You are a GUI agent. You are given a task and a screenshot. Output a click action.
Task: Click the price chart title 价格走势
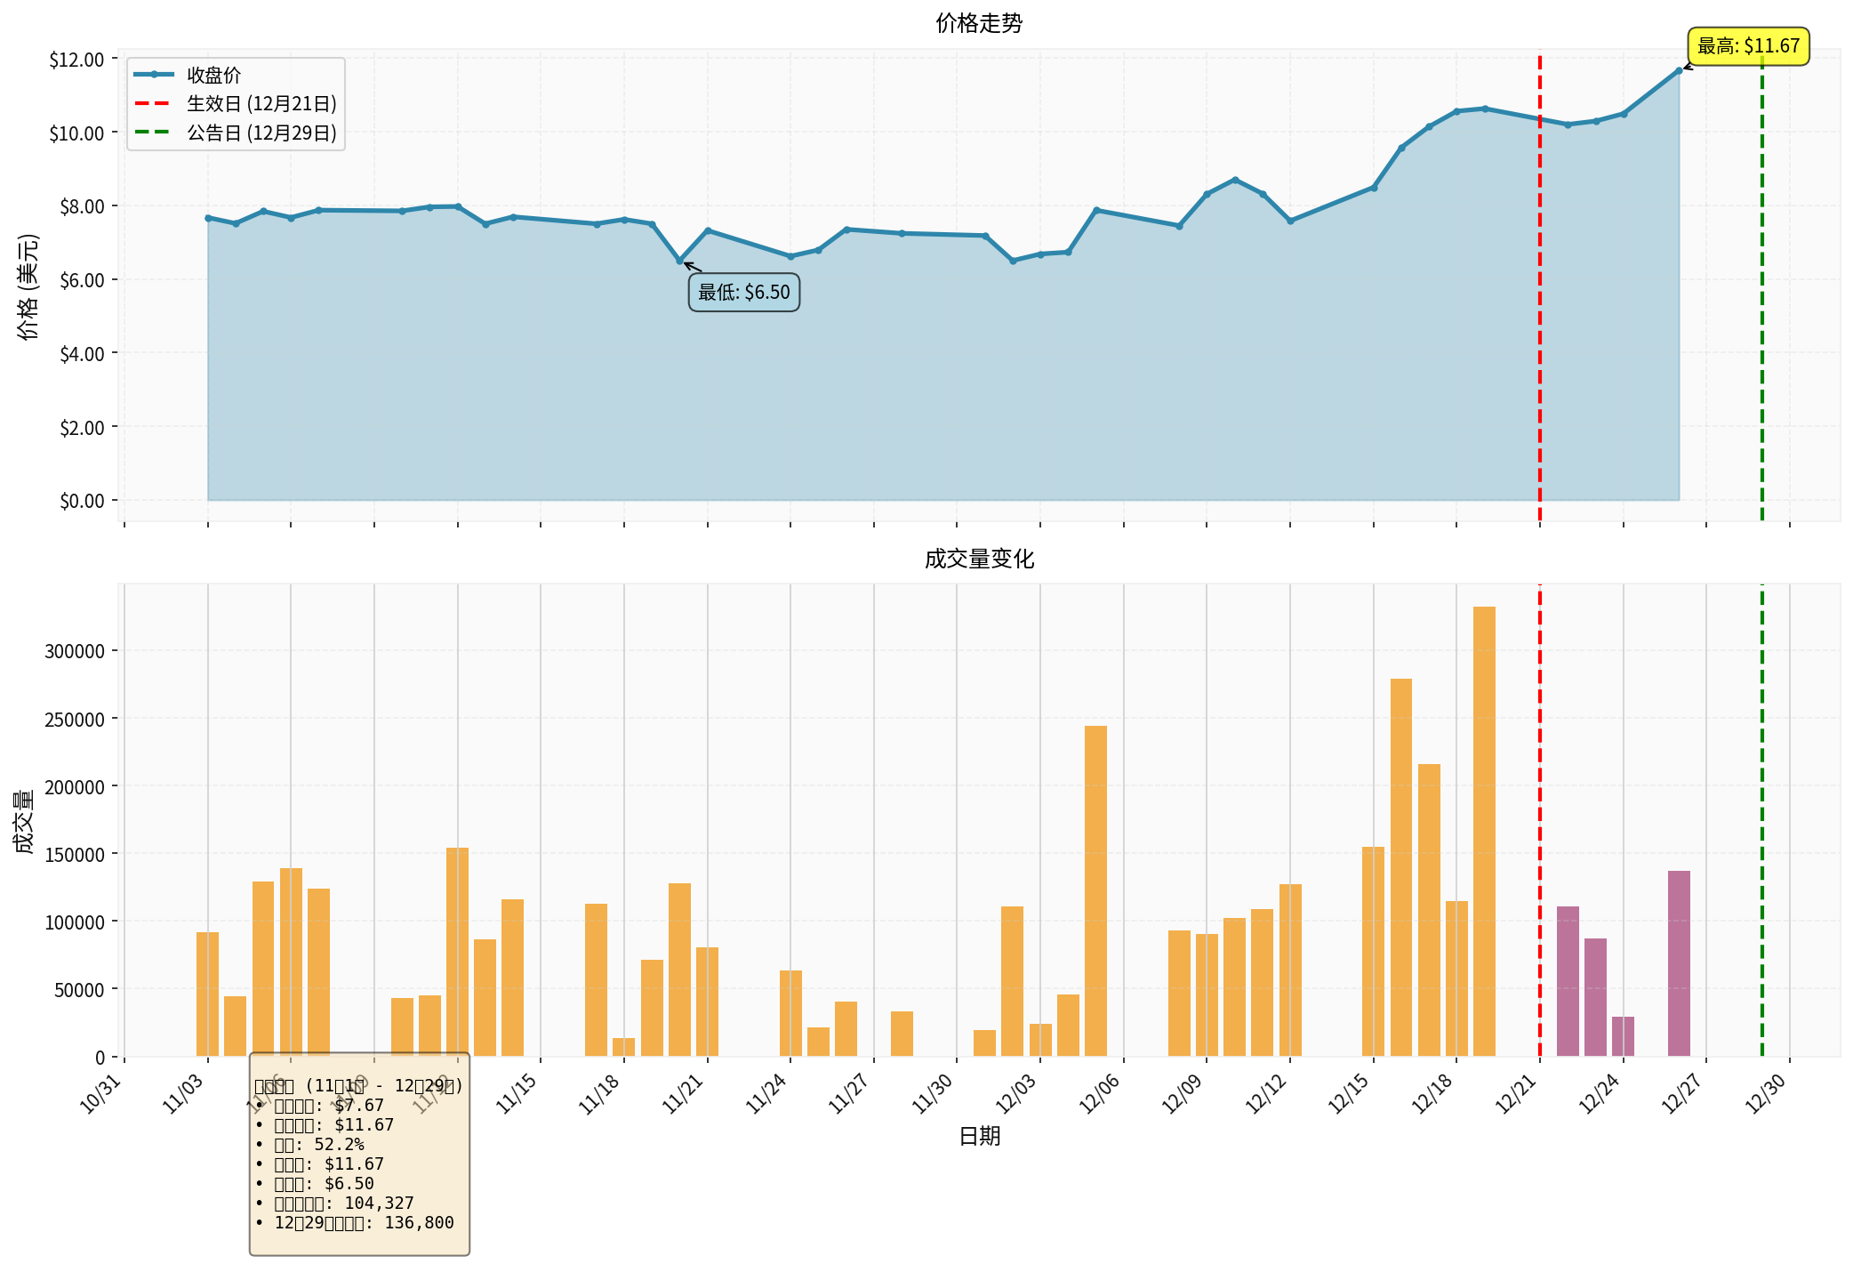pyautogui.click(x=979, y=24)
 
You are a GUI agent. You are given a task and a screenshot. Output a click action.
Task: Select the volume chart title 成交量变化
pyautogui.click(x=979, y=559)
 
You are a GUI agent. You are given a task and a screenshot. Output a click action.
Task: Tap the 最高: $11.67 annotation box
pyautogui.click(x=1748, y=46)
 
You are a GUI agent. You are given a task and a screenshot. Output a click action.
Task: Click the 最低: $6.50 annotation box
pyautogui.click(x=743, y=293)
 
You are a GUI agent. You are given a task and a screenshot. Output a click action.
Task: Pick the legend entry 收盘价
pyautogui.click(x=213, y=76)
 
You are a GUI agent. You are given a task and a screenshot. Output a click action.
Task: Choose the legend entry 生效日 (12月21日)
pyautogui.click(x=261, y=104)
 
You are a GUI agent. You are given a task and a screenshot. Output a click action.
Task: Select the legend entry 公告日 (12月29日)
pyautogui.click(x=261, y=133)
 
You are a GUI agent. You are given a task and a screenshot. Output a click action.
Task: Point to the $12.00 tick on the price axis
pyautogui.click(x=76, y=60)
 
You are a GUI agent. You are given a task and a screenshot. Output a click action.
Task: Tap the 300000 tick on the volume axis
pyautogui.click(x=75, y=651)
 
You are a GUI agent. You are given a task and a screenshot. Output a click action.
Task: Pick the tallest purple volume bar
pyautogui.click(x=1679, y=962)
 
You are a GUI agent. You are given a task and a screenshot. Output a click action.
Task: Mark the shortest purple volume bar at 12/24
pyautogui.click(x=1623, y=1036)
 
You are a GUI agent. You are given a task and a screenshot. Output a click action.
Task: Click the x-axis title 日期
pyautogui.click(x=979, y=1136)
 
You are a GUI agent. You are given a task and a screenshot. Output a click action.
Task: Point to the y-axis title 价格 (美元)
pyautogui.click(x=28, y=286)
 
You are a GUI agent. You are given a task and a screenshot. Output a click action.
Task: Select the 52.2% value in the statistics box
pyautogui.click(x=339, y=1145)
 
